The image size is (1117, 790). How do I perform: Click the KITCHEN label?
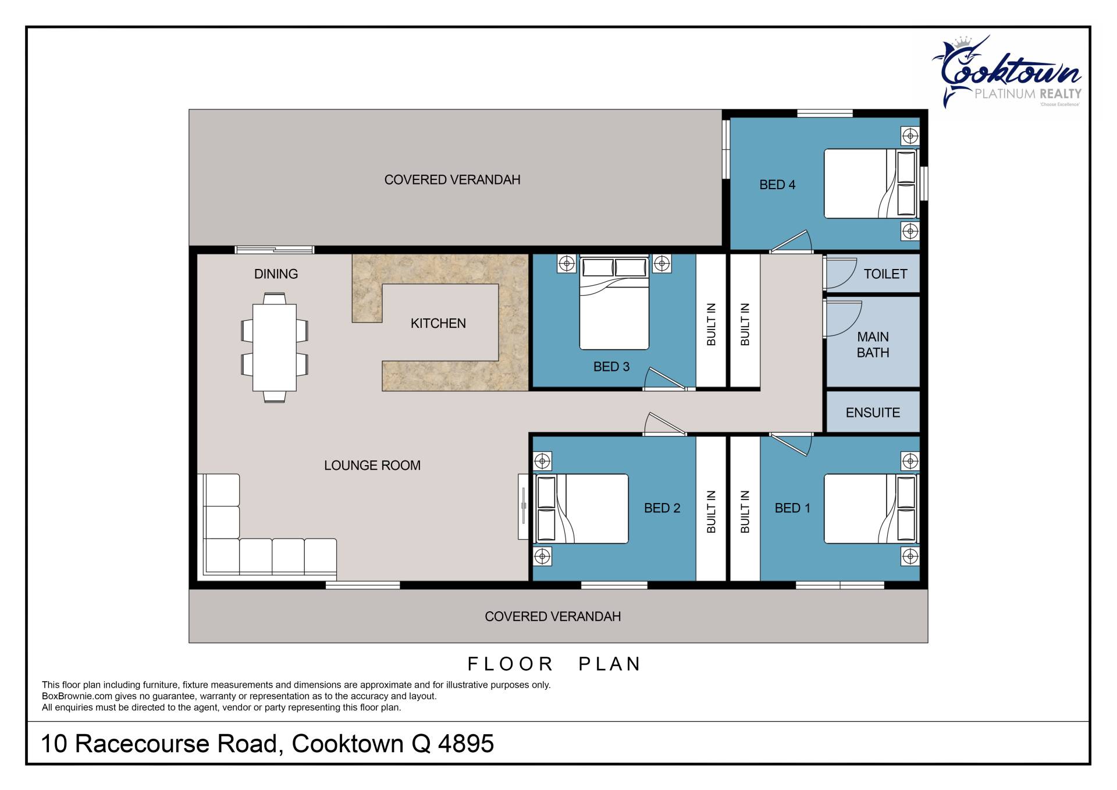[x=438, y=323]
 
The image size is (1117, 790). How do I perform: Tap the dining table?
[x=275, y=348]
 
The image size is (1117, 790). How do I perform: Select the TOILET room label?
[x=885, y=274]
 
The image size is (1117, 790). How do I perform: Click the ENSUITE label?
[x=873, y=413]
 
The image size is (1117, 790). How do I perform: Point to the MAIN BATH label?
[x=873, y=345]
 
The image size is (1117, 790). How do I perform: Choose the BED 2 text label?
[x=662, y=508]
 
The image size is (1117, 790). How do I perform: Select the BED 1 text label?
[x=792, y=508]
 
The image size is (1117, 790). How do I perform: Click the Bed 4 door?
[x=791, y=242]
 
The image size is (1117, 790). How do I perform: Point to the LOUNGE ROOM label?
[x=372, y=466]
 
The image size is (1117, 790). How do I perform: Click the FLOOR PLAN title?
[x=554, y=664]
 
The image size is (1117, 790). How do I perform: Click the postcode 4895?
[x=466, y=744]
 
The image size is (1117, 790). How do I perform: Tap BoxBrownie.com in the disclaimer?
[x=77, y=696]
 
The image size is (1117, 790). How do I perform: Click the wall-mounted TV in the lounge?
[x=524, y=506]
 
